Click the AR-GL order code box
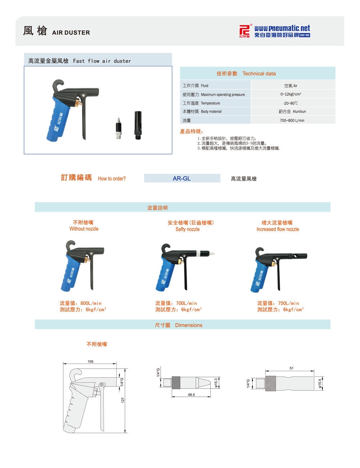pyautogui.click(x=182, y=178)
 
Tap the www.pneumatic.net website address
pyautogui.click(x=282, y=28)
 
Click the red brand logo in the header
pyautogui.click(x=245, y=31)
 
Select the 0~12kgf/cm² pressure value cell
pyautogui.click(x=293, y=94)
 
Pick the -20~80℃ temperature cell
pyautogui.click(x=293, y=103)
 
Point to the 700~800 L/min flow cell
pyautogui.click(x=293, y=120)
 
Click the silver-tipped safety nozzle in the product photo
pyautogui.click(x=118, y=128)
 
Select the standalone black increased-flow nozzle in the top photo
pyautogui.click(x=138, y=125)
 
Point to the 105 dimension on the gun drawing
pyautogui.click(x=90, y=361)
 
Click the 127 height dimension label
pyautogui.click(x=123, y=400)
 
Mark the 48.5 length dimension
pyautogui.click(x=191, y=395)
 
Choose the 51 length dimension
pyautogui.click(x=291, y=368)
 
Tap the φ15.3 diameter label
pyautogui.click(x=216, y=383)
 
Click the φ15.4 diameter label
pyautogui.click(x=320, y=383)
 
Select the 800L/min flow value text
pyautogui.click(x=91, y=303)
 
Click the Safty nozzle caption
pyautogui.click(x=187, y=229)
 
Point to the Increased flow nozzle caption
pyautogui.click(x=278, y=229)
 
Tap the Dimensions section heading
pyautogui.click(x=189, y=325)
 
